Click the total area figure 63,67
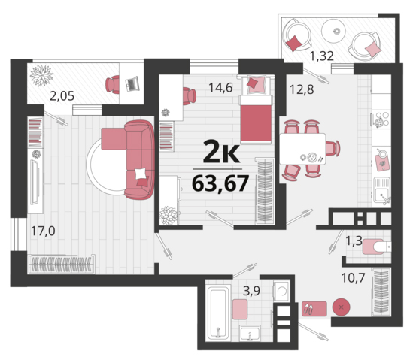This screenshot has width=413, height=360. tap(220, 183)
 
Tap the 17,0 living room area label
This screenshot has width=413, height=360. tap(43, 231)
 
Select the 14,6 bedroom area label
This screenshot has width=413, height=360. tap(220, 88)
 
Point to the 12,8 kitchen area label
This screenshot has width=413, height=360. tap(302, 89)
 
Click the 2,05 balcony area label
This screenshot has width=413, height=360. tap(62, 96)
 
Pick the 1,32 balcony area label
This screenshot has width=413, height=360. tap(322, 56)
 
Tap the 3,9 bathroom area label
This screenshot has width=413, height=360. tap(251, 291)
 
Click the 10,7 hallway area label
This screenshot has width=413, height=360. tap(354, 277)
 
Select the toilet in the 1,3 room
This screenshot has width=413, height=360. tap(377, 247)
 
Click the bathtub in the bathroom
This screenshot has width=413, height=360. tap(218, 313)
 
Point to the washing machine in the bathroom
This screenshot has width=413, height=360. tap(281, 291)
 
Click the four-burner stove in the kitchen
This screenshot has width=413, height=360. tap(381, 119)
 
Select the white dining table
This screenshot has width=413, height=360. tap(302, 149)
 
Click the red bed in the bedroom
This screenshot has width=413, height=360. tap(256, 119)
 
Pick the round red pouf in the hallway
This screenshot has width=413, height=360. tap(341, 307)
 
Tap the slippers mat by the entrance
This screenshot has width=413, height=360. tap(314, 309)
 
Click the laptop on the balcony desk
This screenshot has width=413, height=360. tap(132, 83)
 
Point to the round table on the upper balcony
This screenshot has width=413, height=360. tap(333, 31)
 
